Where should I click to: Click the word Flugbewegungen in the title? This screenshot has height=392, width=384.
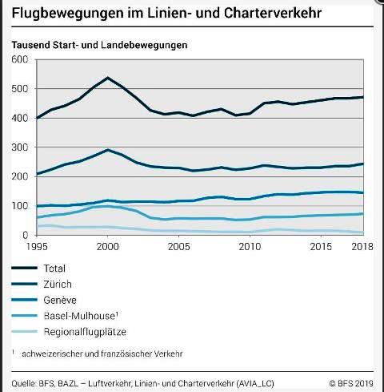(68, 14)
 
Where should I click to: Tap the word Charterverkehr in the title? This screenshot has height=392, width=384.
(273, 13)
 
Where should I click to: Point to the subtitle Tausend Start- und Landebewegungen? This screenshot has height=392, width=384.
(99, 45)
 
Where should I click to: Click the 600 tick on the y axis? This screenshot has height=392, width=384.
(20, 59)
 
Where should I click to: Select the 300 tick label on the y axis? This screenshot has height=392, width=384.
(20, 148)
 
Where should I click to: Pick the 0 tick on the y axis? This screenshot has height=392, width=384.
(26, 235)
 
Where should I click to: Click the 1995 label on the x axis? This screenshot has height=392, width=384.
(37, 246)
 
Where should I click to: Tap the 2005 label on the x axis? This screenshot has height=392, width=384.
(178, 246)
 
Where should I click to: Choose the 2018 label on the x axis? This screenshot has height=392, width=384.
(362, 246)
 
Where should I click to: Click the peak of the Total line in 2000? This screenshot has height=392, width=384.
(107, 78)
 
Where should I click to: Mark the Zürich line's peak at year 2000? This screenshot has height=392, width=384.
(107, 150)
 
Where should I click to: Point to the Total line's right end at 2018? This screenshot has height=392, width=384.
(363, 97)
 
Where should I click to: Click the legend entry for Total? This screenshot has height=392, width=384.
(54, 269)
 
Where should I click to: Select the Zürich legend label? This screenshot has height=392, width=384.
(58, 284)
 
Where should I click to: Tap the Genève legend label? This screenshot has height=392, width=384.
(60, 300)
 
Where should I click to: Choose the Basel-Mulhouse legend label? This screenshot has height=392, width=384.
(81, 316)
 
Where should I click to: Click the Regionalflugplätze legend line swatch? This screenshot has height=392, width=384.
(25, 332)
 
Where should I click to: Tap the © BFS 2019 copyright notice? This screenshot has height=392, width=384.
(351, 383)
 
